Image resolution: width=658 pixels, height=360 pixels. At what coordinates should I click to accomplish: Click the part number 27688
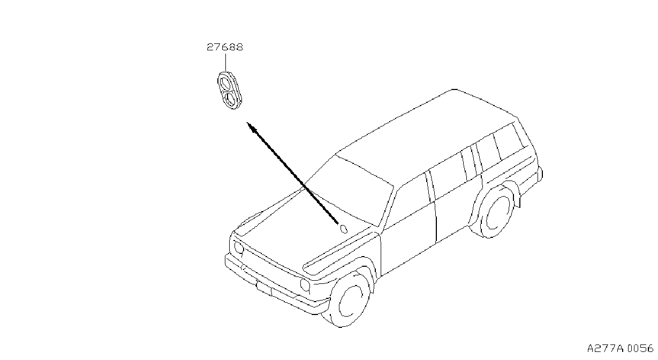pos(225,47)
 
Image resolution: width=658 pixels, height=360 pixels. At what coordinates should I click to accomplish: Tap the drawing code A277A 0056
pos(621,348)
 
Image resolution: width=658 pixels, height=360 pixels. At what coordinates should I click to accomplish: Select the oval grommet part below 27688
pos(230,90)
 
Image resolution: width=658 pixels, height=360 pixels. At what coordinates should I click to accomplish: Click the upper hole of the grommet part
pos(225,83)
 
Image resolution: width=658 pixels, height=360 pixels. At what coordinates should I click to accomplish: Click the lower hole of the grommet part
pos(232,99)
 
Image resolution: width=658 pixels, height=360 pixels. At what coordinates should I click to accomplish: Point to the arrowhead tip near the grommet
pos(247,122)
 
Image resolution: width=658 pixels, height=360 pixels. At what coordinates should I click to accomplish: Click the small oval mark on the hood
pos(344,229)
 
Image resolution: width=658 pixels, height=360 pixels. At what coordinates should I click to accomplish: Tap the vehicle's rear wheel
pos(496,211)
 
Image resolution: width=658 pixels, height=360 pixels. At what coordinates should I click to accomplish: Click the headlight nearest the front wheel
pos(305,284)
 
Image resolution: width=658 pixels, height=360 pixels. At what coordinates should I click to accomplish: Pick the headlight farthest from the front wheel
pos(239,247)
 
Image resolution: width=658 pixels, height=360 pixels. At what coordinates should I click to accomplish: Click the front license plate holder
pos(264,288)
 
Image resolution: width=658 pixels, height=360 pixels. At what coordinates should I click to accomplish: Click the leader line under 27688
pos(225,62)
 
